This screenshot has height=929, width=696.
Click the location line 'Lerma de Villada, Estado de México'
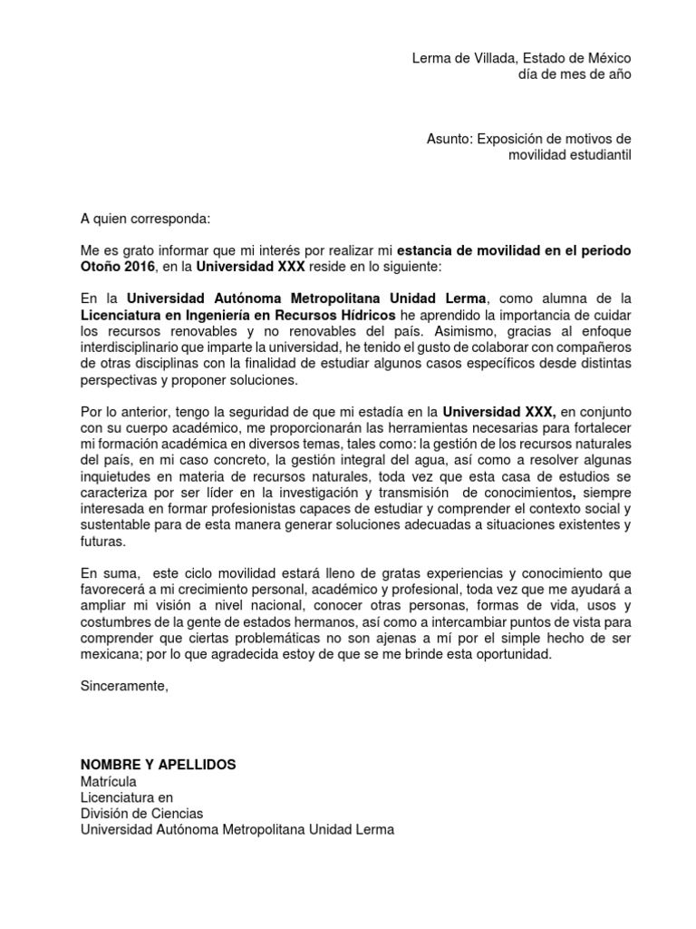point(521,58)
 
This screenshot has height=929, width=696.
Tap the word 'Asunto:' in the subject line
point(450,139)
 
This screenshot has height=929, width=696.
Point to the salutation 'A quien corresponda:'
point(145,219)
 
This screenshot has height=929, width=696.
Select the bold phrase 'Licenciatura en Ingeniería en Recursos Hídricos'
point(237,314)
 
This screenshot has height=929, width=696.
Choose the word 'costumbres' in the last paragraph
point(115,622)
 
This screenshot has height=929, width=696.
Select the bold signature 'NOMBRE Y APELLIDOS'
point(158,765)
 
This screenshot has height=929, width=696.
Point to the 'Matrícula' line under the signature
point(108,781)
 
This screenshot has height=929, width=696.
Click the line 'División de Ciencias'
point(141,813)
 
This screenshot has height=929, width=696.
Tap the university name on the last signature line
point(237,829)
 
